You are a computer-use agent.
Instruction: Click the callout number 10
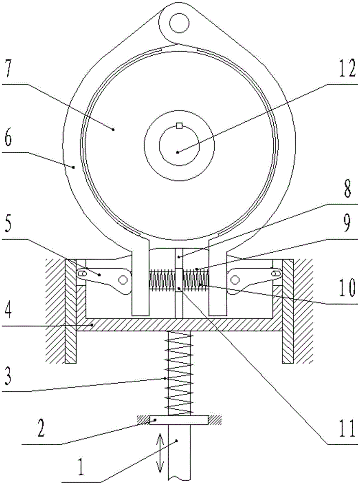point(341,291)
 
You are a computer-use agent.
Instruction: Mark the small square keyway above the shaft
point(180,126)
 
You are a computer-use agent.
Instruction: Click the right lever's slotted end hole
point(277,274)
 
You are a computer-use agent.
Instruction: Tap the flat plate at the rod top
point(180,420)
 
